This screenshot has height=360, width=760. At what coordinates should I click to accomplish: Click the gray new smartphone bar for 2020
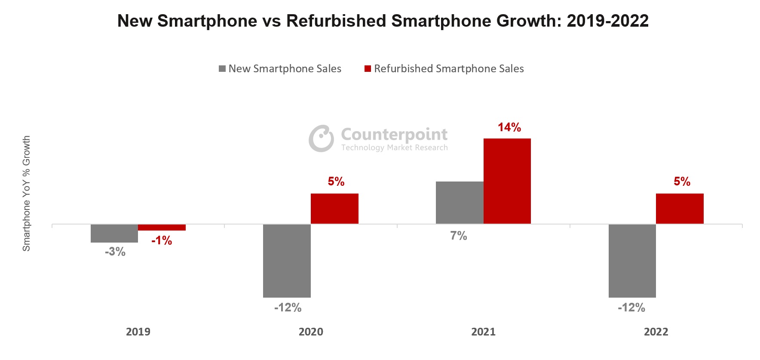[287, 261]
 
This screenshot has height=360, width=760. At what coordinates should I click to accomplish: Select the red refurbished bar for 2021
[507, 181]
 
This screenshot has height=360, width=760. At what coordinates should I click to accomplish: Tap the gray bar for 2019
[114, 234]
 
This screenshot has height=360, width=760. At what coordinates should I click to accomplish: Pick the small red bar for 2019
[162, 228]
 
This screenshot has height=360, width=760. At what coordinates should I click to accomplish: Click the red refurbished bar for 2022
[680, 209]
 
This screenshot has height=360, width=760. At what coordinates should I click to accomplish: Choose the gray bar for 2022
[632, 261]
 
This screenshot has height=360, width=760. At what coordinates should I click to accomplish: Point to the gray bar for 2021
[460, 203]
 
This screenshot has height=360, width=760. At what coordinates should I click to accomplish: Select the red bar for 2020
[334, 209]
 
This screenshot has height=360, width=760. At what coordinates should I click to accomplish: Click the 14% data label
[509, 127]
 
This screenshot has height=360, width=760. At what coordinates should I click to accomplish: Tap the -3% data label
[115, 252]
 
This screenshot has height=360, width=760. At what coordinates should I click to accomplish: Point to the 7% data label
[459, 236]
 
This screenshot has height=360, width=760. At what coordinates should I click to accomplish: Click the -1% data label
[162, 241]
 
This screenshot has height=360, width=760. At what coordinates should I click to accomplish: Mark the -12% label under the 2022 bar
[631, 308]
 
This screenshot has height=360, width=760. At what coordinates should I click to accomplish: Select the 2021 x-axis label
[483, 332]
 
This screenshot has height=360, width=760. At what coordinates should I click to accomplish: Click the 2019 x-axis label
[138, 332]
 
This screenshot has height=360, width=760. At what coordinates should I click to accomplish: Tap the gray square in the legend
[222, 69]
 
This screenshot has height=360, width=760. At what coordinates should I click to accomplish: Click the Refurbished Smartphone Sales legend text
[449, 69]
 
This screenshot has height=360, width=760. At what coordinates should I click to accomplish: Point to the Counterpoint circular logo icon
[321, 138]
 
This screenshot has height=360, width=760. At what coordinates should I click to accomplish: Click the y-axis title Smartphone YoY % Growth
[27, 194]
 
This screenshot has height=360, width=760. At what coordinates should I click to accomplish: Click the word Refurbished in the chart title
[336, 21]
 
